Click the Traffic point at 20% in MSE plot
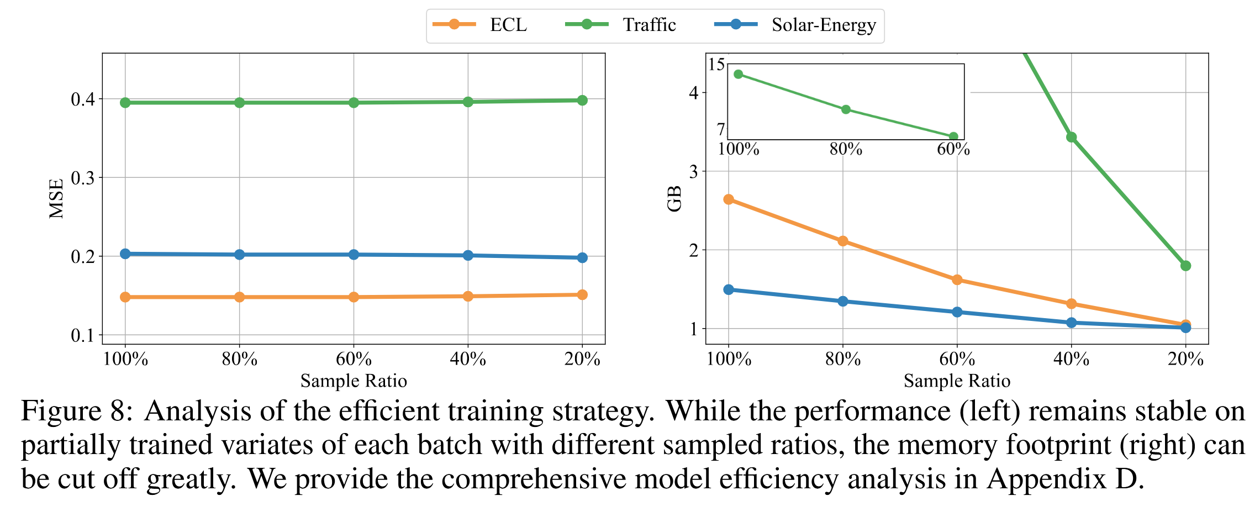[582, 100]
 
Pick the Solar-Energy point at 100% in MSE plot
[125, 254]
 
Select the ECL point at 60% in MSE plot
[354, 297]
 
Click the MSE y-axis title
[56, 199]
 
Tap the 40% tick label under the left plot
[468, 360]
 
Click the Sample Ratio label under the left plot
[354, 381]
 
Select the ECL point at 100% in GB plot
[729, 199]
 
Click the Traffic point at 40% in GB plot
[1072, 137]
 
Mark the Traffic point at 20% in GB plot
[1185, 266]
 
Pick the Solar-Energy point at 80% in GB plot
[843, 301]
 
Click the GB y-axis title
[674, 199]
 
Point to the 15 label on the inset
[716, 65]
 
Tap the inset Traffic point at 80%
[846, 109]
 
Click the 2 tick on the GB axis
[694, 250]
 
